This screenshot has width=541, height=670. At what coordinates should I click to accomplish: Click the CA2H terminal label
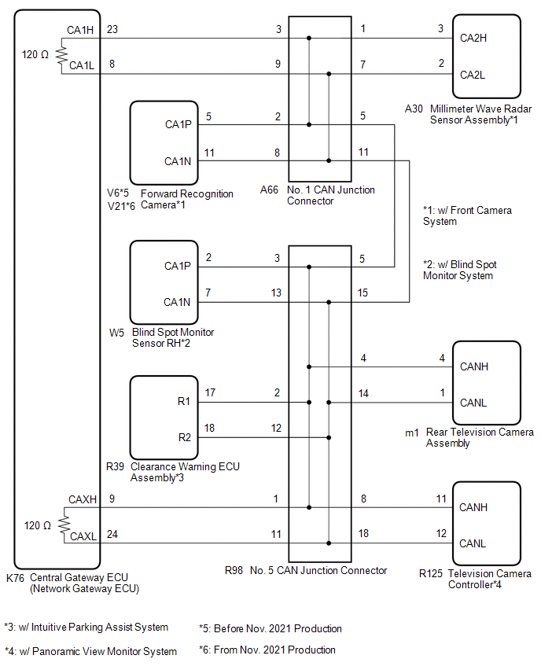pyautogui.click(x=473, y=38)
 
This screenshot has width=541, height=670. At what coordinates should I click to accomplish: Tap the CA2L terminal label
pyautogui.click(x=473, y=74)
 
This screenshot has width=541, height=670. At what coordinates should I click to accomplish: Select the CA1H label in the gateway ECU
pyautogui.click(x=82, y=30)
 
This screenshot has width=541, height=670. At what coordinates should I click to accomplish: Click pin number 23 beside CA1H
pyautogui.click(x=112, y=29)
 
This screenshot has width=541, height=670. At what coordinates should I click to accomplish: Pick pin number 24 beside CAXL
pyautogui.click(x=112, y=535)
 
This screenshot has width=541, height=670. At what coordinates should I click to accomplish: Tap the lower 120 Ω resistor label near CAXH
pyautogui.click(x=36, y=525)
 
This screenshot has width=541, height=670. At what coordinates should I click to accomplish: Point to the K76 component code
pyautogui.click(x=15, y=576)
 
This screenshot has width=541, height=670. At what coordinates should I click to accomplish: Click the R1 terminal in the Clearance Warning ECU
pyautogui.click(x=184, y=402)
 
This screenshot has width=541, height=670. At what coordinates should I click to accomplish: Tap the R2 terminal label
pyautogui.click(x=184, y=437)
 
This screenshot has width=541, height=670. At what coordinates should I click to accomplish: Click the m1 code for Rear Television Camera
pyautogui.click(x=411, y=432)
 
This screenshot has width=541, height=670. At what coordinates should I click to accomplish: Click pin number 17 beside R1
pyautogui.click(x=210, y=392)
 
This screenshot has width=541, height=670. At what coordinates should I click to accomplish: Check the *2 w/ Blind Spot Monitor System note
pyautogui.click(x=459, y=270)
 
